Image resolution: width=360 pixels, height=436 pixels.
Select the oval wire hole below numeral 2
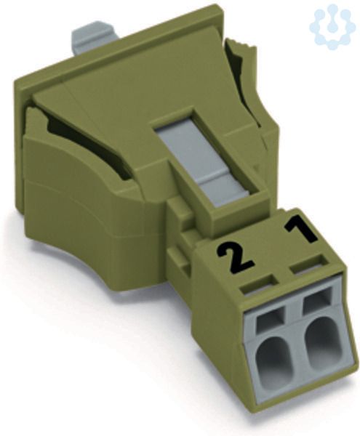(273, 361)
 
